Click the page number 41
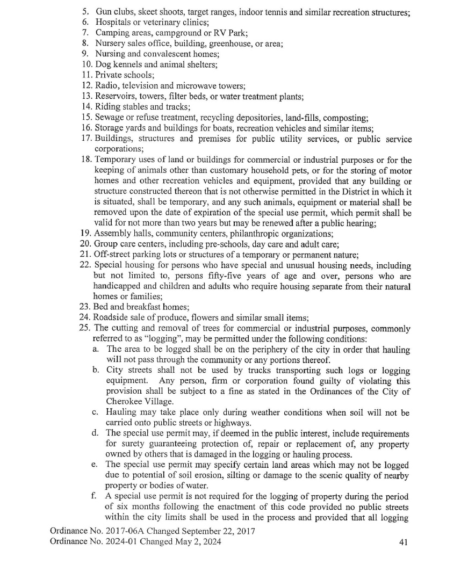tap(404, 542)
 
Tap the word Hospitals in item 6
tap(114, 22)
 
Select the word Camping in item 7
tap(112, 33)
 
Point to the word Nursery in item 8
tap(111, 44)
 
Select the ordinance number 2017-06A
tap(125, 531)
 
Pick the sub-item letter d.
tap(95, 433)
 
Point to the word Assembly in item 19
tap(112, 234)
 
